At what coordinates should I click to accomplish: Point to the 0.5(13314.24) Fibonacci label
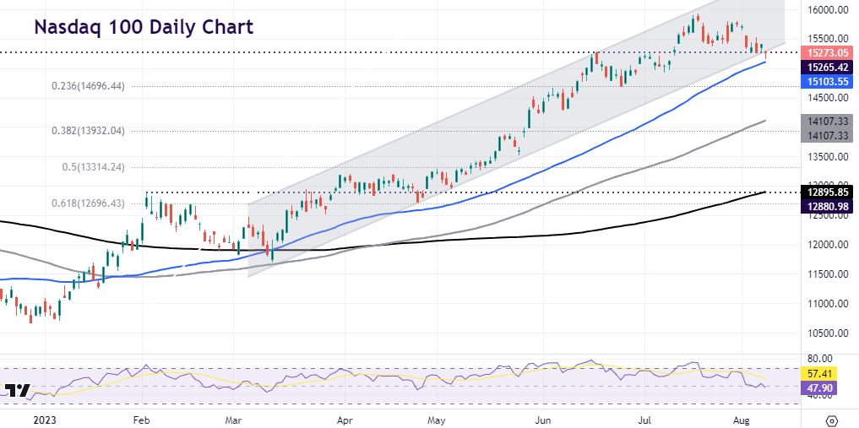coord(94,167)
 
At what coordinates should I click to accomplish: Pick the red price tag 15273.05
coord(827,52)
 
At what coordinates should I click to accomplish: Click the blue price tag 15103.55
coord(827,81)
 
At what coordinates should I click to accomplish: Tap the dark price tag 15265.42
coord(827,67)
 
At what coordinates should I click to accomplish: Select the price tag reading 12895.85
coord(827,192)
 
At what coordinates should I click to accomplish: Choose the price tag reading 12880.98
coord(827,206)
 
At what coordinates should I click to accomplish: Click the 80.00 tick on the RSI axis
coord(820,358)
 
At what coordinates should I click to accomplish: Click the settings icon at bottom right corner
coord(832,420)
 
